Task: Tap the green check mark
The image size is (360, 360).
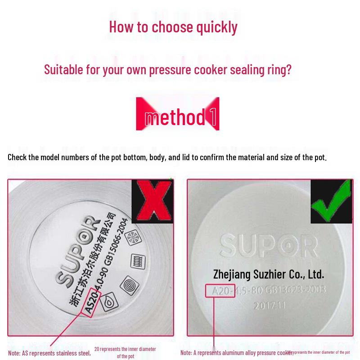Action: tap(331, 201)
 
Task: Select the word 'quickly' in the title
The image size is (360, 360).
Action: tap(216, 27)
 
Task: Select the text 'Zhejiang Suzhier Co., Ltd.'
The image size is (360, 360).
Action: tap(268, 274)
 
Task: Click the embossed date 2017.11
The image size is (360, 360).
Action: tap(269, 306)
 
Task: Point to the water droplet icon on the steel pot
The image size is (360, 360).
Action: tap(109, 303)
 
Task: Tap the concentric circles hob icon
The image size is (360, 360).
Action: tap(129, 284)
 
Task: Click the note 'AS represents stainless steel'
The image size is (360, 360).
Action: tap(49, 353)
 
